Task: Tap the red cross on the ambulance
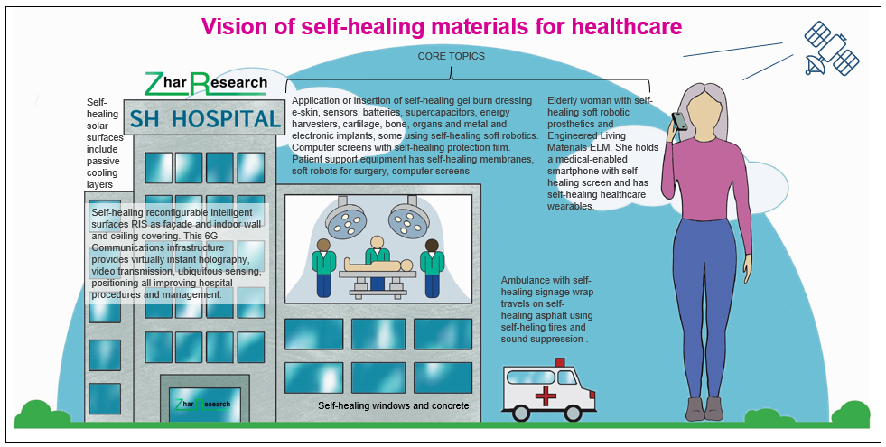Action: pyautogui.click(x=546, y=396)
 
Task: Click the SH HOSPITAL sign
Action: pyautogui.click(x=203, y=118)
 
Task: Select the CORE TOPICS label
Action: pyautogui.click(x=451, y=56)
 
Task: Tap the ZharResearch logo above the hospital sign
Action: pyautogui.click(x=206, y=84)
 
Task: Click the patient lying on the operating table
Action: pyautogui.click(x=378, y=267)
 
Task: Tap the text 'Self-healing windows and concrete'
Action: pyautogui.click(x=394, y=405)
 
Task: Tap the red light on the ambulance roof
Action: pyautogui.click(x=560, y=362)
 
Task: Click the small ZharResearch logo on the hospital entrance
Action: pyautogui.click(x=201, y=404)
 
